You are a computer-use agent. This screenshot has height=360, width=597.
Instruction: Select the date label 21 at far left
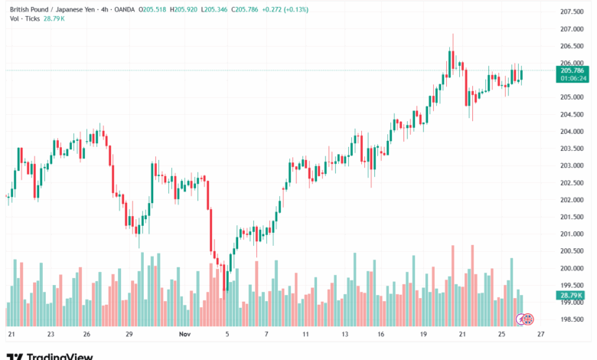11,335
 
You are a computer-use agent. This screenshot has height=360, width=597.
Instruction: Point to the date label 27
541,335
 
